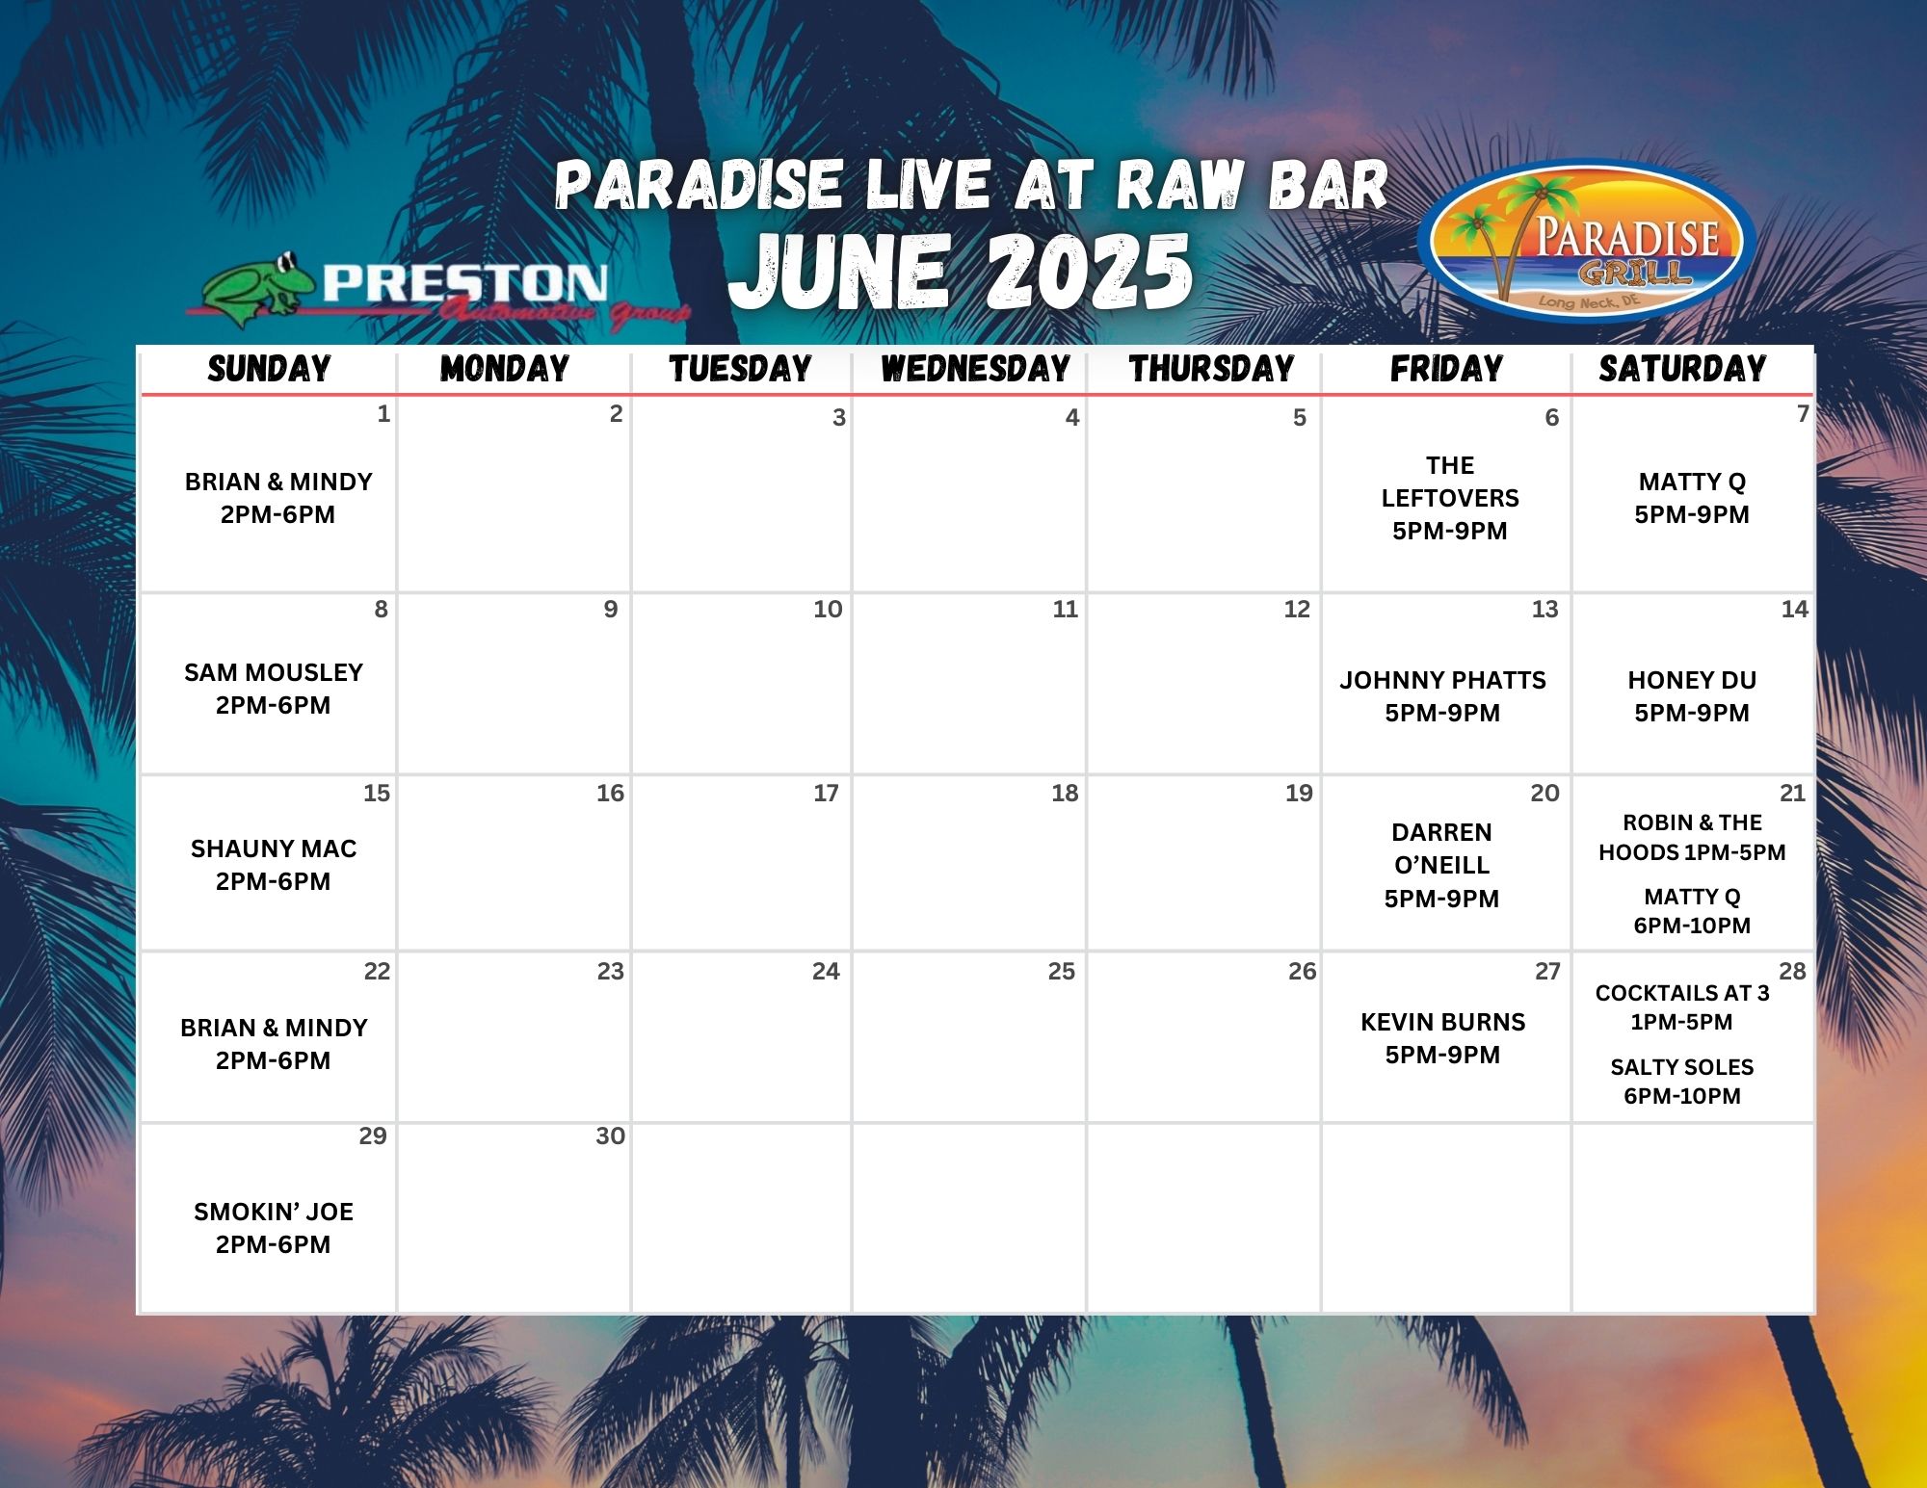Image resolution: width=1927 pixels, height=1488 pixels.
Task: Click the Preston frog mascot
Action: [258, 287]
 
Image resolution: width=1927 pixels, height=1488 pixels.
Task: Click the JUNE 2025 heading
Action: [961, 272]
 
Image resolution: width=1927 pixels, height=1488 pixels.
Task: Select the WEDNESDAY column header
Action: [975, 369]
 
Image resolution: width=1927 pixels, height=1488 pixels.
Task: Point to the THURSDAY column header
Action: [1211, 369]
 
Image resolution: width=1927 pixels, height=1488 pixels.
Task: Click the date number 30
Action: [611, 1136]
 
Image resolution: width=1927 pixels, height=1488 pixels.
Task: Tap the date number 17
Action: [826, 794]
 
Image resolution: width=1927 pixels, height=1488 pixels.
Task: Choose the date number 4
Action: [1072, 418]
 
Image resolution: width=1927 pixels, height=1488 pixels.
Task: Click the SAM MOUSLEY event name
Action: [274, 673]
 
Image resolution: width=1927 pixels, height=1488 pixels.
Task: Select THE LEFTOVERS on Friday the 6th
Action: [1450, 482]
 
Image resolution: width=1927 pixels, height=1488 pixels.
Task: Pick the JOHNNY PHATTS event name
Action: [1442, 681]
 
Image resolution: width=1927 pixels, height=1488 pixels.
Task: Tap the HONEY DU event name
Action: [1692, 681]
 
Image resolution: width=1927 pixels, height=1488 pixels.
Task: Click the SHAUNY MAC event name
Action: [274, 849]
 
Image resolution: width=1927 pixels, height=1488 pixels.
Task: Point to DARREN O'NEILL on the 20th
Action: [1442, 848]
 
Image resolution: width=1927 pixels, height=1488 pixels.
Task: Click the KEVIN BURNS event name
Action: [1442, 1023]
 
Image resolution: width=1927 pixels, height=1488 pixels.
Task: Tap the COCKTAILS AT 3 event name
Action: [1682, 994]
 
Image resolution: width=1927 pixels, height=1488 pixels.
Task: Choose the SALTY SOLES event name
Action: [1682, 1068]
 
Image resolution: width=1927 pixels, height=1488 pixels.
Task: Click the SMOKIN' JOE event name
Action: [274, 1213]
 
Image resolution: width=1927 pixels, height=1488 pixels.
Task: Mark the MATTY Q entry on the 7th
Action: [1692, 483]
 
